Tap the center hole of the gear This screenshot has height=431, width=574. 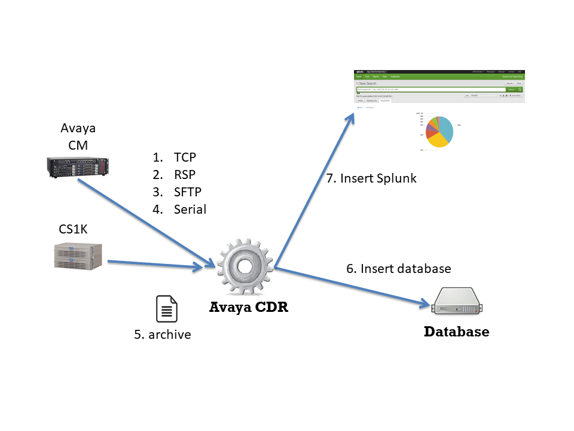(x=245, y=265)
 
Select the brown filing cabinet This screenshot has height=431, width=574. (x=78, y=256)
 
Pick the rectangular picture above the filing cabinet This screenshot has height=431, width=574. (x=77, y=167)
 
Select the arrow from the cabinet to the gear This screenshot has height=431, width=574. (x=155, y=265)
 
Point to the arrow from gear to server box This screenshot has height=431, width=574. (x=353, y=287)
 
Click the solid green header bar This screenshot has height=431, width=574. (x=439, y=77)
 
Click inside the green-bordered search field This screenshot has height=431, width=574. (x=430, y=90)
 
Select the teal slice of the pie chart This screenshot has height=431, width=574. (x=447, y=128)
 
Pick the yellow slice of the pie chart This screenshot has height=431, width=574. (x=438, y=141)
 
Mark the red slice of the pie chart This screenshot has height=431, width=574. (x=430, y=133)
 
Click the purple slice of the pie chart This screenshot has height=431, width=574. (x=430, y=127)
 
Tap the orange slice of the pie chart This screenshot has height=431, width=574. (x=432, y=122)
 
